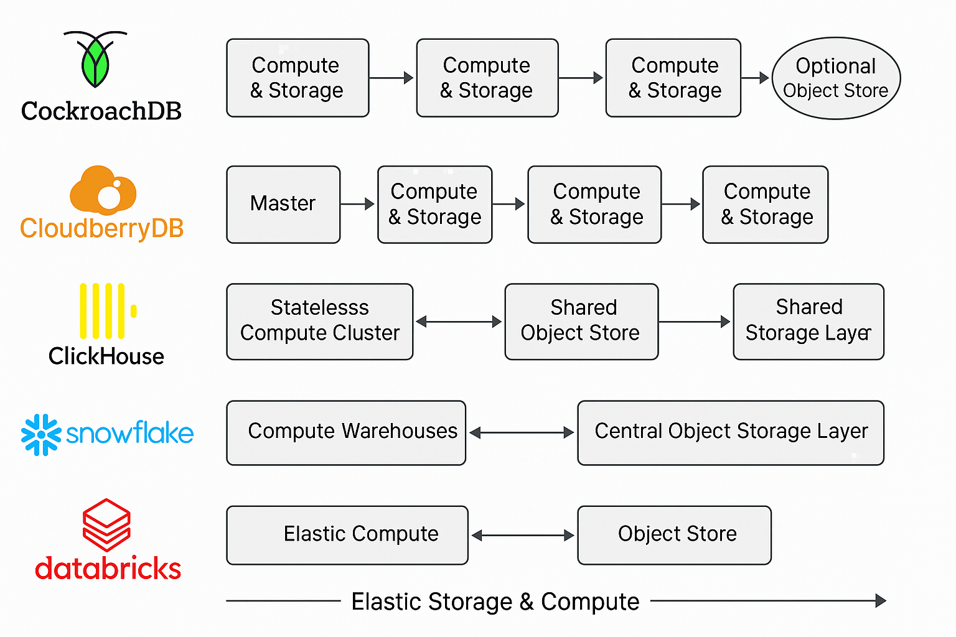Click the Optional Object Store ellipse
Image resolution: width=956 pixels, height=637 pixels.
836,78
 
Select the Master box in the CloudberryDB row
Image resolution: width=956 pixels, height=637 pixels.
283,204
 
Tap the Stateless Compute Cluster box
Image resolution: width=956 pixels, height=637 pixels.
319,321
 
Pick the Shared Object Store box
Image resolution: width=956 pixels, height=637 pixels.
581,321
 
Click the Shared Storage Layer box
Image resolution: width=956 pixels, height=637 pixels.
808,321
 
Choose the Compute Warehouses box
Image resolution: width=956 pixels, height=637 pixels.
346,432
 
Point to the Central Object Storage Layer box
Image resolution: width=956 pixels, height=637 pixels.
730,432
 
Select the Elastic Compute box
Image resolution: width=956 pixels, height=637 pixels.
347,535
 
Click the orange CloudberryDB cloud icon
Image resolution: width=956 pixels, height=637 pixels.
103,190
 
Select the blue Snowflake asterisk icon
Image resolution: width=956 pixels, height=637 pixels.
41,434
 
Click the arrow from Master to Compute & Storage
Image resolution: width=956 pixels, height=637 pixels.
358,204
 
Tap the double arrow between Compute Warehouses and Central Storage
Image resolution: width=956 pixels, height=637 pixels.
522,432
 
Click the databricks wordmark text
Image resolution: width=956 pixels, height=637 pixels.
108,569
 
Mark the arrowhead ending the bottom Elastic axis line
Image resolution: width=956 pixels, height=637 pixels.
880,601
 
